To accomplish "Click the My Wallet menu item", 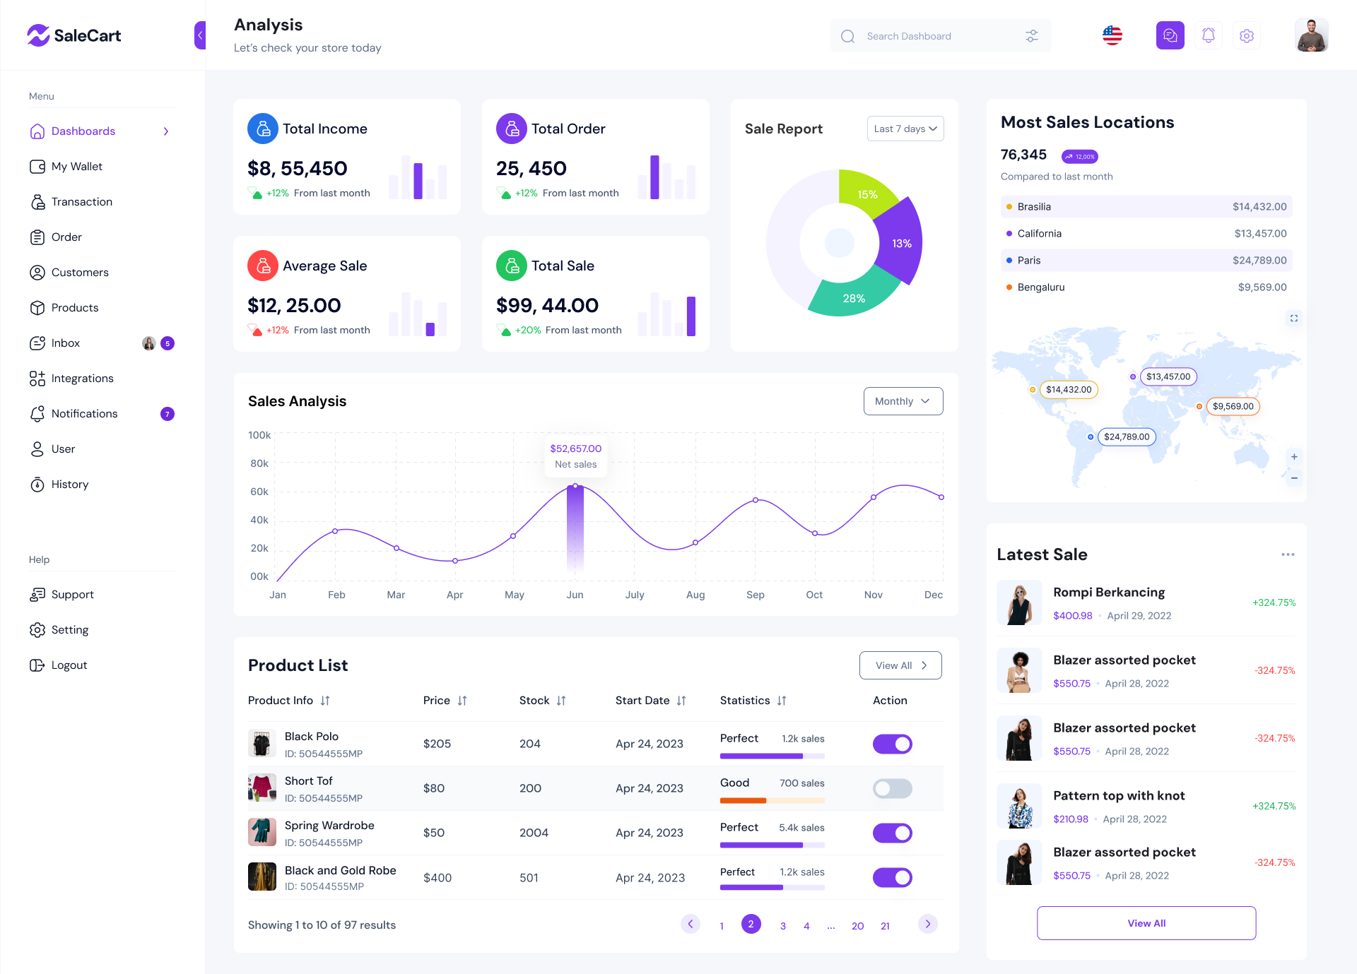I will click(76, 167).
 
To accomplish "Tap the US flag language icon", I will click(1112, 35).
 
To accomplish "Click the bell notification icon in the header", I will click(1209, 35).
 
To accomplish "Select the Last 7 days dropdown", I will click(905, 129).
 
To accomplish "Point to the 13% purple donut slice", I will click(901, 244).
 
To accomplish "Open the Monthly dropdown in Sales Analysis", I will click(903, 401).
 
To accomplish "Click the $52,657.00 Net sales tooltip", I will click(575, 456).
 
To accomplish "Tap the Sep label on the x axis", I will click(755, 595).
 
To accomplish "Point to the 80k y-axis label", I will click(259, 463).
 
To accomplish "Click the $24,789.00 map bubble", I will click(1127, 436).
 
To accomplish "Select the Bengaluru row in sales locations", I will click(1146, 287).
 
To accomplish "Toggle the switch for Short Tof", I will click(892, 788).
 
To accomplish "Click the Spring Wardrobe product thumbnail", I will click(262, 832).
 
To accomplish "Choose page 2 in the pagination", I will click(751, 924).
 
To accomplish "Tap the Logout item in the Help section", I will click(69, 665).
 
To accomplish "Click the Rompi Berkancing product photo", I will click(1019, 603).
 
